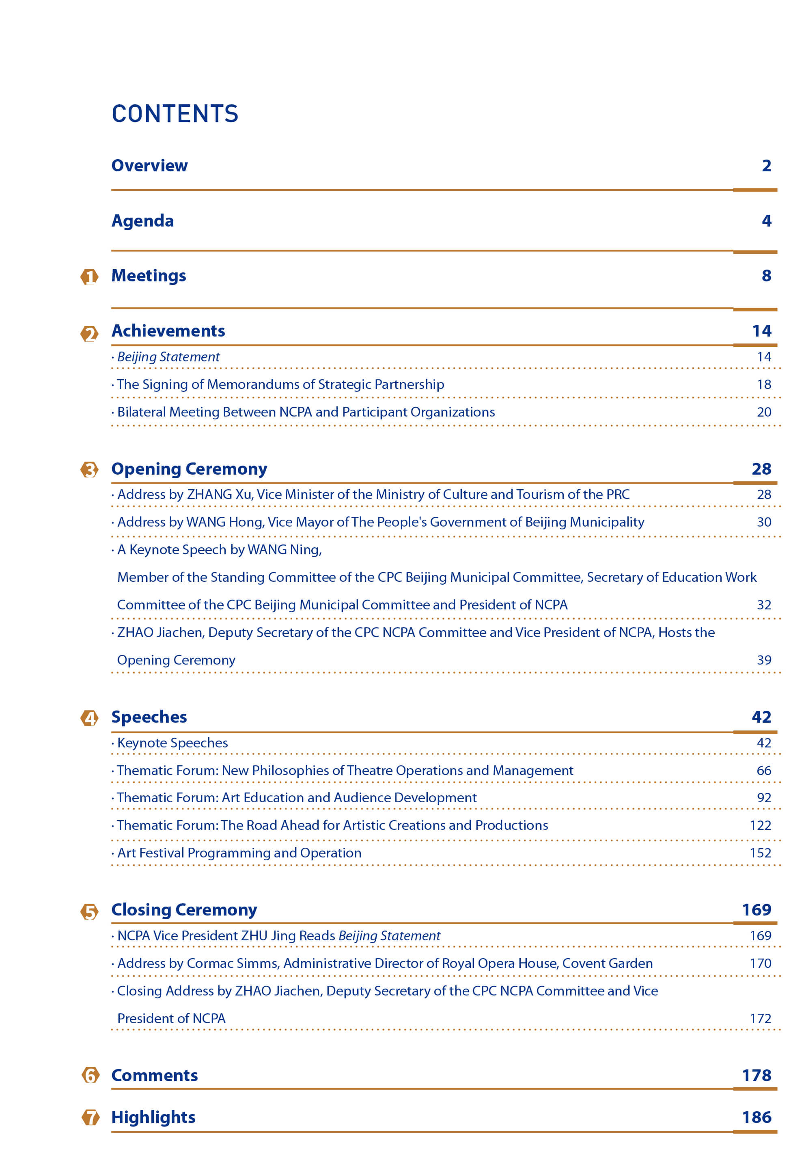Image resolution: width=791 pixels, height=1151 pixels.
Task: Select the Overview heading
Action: coord(150,166)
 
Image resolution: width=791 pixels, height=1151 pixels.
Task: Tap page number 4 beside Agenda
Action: coord(766,220)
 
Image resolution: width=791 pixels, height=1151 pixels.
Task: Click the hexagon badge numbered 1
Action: coord(89,276)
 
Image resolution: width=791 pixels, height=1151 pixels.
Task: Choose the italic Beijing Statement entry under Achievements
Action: coord(168,357)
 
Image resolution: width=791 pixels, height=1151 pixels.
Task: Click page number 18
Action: coord(764,384)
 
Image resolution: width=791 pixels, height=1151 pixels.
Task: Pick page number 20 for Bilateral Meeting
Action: coord(764,412)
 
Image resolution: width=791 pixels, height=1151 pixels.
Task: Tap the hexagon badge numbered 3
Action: coord(89,469)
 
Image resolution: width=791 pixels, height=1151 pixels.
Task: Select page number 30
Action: coord(764,522)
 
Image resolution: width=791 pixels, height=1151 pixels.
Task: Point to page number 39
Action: coord(764,660)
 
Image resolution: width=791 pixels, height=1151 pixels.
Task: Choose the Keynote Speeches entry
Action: coord(172,743)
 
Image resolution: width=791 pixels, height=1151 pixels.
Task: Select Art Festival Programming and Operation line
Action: coord(239,853)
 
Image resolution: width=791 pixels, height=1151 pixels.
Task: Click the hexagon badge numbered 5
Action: coord(89,911)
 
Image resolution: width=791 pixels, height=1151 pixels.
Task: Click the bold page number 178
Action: coord(757,1075)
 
